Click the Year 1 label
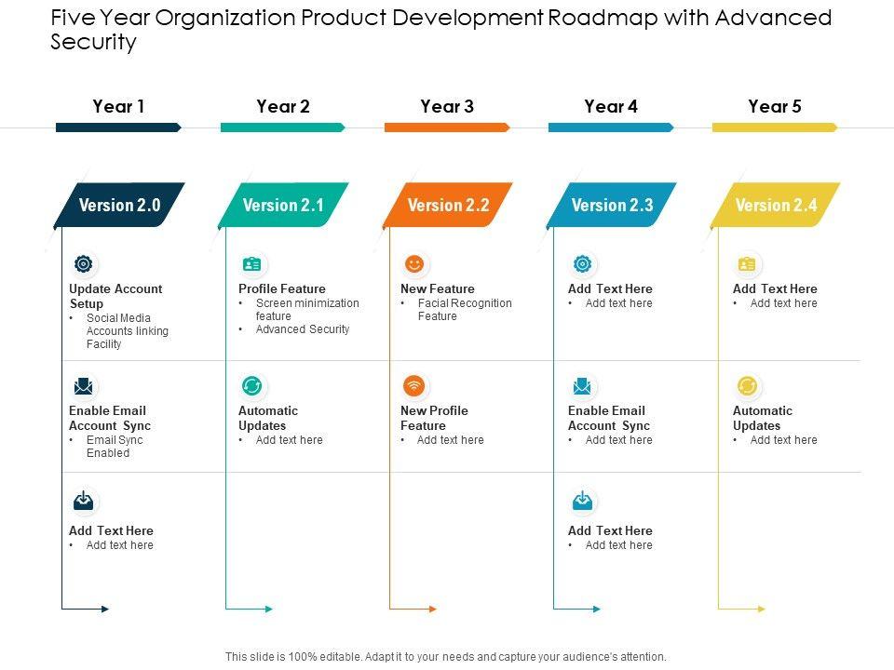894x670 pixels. click(x=118, y=106)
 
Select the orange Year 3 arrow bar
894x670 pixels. click(x=446, y=127)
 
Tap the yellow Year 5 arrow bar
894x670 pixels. click(x=774, y=127)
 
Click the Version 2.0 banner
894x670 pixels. click(x=119, y=206)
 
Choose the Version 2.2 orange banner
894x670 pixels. click(x=448, y=206)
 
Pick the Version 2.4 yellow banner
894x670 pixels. click(x=776, y=206)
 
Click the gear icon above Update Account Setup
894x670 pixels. click(x=84, y=264)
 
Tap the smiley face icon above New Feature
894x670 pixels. click(x=414, y=264)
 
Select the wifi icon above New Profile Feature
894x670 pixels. click(x=414, y=385)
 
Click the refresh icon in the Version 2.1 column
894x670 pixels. click(x=251, y=385)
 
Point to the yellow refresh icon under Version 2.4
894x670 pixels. click(x=747, y=385)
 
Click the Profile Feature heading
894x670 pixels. click(x=282, y=288)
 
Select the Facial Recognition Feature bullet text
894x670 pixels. click(x=464, y=310)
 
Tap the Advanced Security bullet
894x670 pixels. click(x=303, y=329)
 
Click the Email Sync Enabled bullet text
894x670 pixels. click(x=114, y=447)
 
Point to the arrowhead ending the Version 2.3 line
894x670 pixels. click(x=596, y=610)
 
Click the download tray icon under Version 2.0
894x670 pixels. click(x=84, y=502)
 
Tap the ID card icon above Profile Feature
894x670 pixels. click(x=251, y=264)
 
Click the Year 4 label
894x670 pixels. click(x=611, y=106)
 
